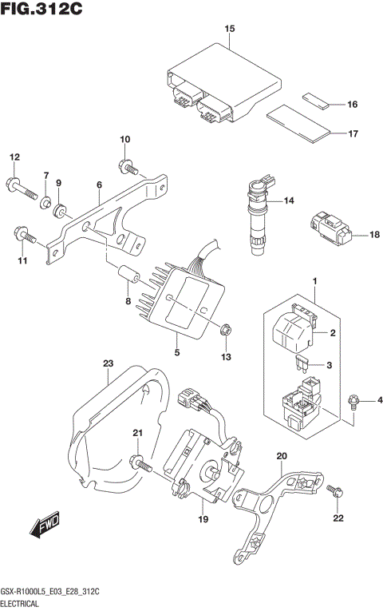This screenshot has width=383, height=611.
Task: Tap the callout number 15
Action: click(230, 30)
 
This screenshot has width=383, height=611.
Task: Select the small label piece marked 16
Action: click(315, 101)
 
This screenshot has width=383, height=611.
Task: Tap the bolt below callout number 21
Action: click(142, 462)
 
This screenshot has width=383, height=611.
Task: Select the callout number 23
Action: click(109, 365)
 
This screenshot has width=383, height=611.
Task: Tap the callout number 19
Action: click(203, 520)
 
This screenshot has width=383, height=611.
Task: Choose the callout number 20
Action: click(281, 456)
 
